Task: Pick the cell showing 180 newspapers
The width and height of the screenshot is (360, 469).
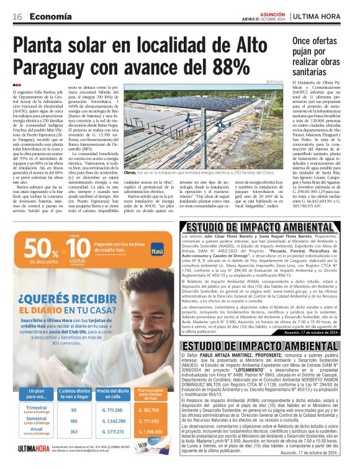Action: tap(74, 421)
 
